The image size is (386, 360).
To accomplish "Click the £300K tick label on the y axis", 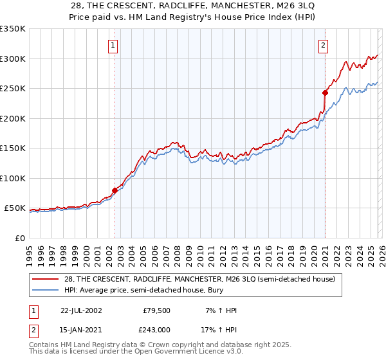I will [12, 59].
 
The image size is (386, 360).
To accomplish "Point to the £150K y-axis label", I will [12, 148].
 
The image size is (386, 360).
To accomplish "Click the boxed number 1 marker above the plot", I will [113, 45].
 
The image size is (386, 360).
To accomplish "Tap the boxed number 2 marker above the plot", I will [322, 45].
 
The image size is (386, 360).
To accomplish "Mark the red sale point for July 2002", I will [115, 190].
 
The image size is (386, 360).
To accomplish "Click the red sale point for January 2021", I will [325, 93].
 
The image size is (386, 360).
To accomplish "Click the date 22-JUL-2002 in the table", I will [80, 310].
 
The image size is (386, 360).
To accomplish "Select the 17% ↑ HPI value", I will [219, 330].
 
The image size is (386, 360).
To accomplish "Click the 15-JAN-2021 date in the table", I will [80, 330].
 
